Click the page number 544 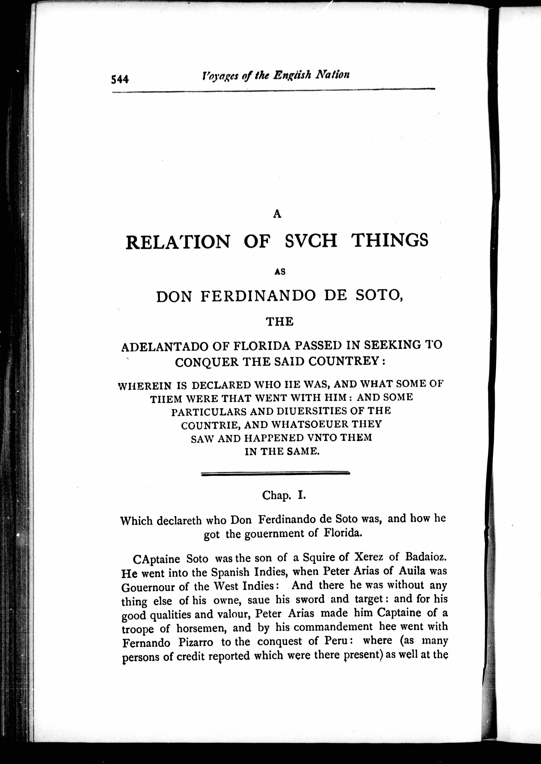[x=120, y=79]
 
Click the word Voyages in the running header [x=218, y=76]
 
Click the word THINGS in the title [x=391, y=240]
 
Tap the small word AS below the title [x=280, y=271]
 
